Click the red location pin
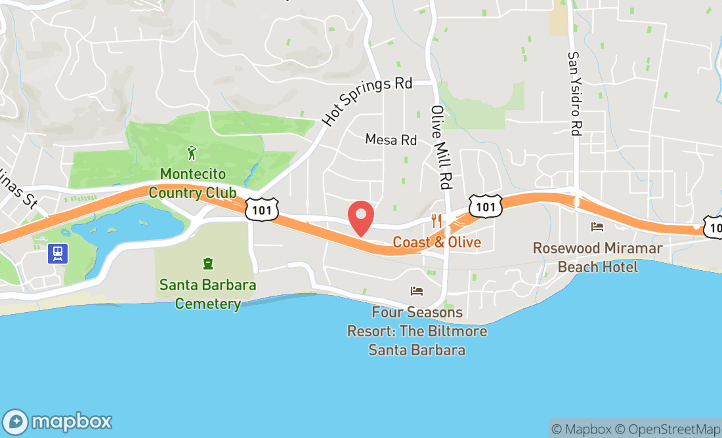coord(360,218)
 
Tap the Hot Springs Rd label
coord(367,101)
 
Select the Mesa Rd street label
coord(391,140)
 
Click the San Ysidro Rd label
coord(575,94)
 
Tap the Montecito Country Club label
coord(192,183)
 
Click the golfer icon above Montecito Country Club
coord(192,153)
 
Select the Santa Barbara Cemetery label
coord(208,294)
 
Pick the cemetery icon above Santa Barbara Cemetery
coord(208,264)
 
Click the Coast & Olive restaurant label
coord(436,242)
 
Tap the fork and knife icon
coord(436,220)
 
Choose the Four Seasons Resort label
coord(417,330)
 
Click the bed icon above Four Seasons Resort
coord(417,290)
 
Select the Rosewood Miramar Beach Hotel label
coord(597,257)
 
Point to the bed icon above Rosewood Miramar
coord(597,227)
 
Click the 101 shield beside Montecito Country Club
coord(262,209)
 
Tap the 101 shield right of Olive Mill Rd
coord(486,207)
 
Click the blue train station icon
coord(58,253)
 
